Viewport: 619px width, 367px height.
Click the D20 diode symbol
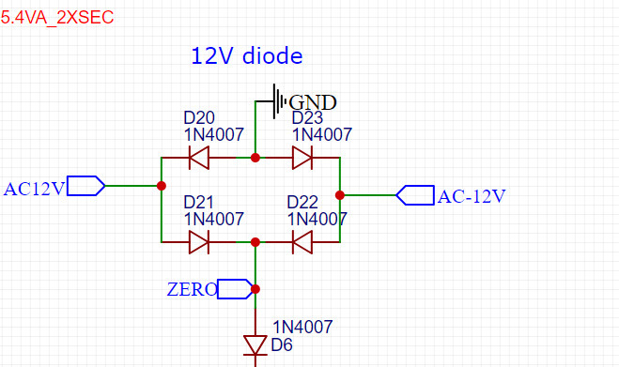199,158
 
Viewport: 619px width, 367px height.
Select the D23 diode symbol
302,158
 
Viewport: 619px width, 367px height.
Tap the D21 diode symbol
199,242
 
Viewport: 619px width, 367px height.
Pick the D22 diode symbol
302,242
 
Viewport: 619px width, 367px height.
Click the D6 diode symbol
255,345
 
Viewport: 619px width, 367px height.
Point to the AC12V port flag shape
86,186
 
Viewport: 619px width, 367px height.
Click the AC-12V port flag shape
415,195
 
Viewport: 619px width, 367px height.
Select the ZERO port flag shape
235,289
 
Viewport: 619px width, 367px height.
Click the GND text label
313,102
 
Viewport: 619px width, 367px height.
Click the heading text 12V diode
247,55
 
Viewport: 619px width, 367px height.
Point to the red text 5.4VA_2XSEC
57,18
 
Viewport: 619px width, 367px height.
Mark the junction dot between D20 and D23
255,158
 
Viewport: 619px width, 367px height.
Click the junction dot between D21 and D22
255,242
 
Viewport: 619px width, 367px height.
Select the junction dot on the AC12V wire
161,186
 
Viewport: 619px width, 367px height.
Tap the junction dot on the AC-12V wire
340,195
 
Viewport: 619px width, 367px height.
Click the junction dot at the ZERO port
255,289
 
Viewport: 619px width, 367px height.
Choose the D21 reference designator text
198,203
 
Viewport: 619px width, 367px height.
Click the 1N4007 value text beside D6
302,328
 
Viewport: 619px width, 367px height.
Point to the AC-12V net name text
472,196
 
